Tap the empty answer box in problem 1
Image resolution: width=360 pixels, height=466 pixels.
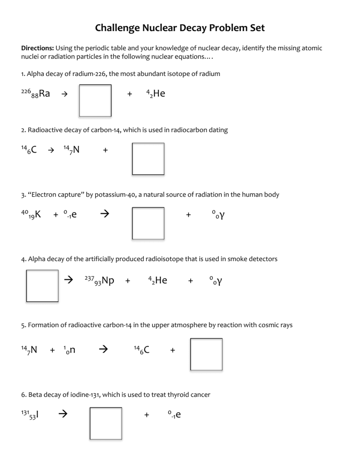click(95, 100)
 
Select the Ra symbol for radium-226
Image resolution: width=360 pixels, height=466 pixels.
click(44, 94)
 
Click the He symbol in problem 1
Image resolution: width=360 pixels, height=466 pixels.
click(159, 94)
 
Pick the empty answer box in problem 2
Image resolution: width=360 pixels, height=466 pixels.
click(148, 159)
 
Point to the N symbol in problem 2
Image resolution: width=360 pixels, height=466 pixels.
click(76, 149)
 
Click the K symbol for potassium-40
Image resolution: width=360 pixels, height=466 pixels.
click(38, 214)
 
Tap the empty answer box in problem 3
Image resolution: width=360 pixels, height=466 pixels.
click(148, 223)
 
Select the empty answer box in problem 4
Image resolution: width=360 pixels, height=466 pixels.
click(42, 286)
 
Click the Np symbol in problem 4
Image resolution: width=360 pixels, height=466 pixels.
click(108, 280)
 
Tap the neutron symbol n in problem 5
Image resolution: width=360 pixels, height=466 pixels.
click(72, 350)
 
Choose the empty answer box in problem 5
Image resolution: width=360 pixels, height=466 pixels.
click(206, 354)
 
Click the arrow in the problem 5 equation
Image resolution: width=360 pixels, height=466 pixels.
click(103, 349)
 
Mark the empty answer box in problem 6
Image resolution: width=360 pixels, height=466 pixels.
click(106, 423)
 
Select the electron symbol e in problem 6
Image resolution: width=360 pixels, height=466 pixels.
click(178, 415)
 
